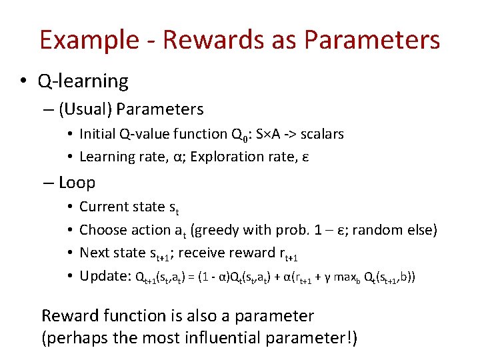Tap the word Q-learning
click(83, 81)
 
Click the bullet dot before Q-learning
click(23, 82)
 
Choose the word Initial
click(99, 134)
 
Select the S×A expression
click(271, 134)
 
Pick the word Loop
click(77, 183)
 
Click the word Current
click(103, 207)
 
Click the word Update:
click(105, 276)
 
